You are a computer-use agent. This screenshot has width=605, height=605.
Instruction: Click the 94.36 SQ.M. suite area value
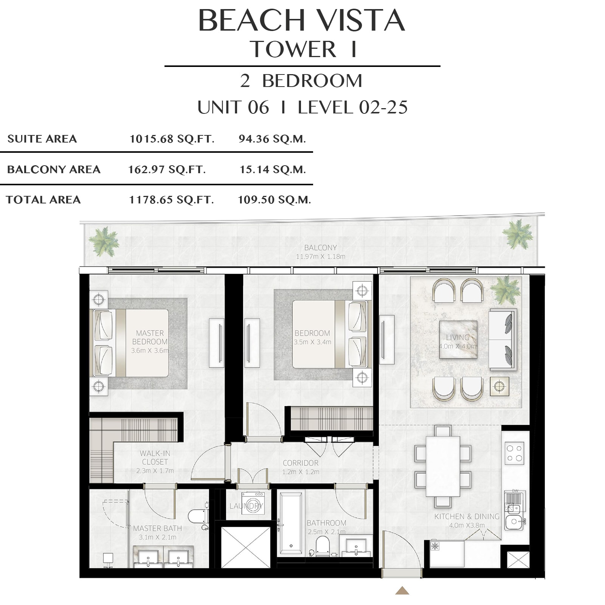[x=272, y=139]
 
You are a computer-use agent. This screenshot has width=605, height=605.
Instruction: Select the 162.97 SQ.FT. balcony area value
[x=167, y=169]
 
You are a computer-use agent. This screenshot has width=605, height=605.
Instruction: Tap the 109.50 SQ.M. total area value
[x=274, y=200]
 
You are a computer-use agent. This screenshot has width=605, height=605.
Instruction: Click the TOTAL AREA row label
[x=43, y=200]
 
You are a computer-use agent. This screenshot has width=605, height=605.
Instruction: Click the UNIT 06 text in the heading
[x=233, y=107]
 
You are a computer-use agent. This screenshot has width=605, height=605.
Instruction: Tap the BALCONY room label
[x=320, y=248]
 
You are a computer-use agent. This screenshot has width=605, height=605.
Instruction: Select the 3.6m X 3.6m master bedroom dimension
[x=150, y=351]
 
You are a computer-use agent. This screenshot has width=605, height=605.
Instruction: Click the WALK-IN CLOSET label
[x=155, y=458]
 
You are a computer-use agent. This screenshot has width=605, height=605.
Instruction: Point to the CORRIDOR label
[x=301, y=463]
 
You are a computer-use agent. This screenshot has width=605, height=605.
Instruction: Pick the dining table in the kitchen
[x=443, y=466]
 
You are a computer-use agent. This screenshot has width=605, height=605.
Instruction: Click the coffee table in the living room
[x=458, y=340]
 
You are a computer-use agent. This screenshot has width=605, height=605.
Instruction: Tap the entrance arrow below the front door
[x=402, y=591]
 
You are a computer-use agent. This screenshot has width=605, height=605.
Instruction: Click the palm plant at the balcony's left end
[x=103, y=241]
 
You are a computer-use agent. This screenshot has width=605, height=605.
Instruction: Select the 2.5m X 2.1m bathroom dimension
[x=326, y=532]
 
